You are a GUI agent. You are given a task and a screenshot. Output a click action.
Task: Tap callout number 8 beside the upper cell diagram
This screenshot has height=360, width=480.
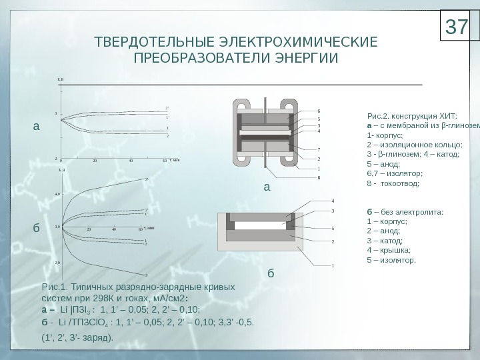coord(319,177)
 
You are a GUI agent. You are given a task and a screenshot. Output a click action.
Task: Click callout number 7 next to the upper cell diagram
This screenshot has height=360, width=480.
coord(319,149)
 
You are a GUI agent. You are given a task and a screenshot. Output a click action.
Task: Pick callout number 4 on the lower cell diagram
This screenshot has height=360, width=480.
coord(333,200)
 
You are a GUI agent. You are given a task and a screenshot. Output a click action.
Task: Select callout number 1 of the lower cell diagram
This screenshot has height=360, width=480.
coord(333,265)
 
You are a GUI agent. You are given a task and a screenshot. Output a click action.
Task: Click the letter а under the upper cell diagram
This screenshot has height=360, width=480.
coord(267,187)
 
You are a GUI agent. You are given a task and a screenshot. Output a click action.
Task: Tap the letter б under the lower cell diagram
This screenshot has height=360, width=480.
coord(271,273)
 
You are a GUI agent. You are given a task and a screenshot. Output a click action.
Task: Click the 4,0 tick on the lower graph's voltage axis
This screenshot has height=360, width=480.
coord(57,194)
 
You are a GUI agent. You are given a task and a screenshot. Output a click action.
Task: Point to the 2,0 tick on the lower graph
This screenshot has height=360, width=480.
coord(57,263)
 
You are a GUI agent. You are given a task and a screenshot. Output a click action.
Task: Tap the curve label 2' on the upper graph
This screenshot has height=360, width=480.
coord(167,107)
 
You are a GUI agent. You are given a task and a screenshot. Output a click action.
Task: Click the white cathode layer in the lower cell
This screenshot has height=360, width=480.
coord(260,225)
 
